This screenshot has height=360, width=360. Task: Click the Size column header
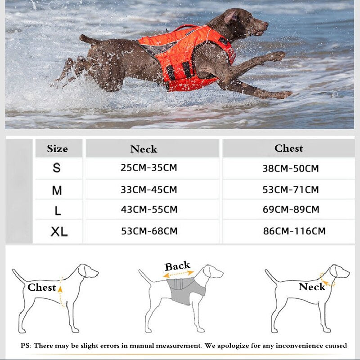click(x=58, y=148)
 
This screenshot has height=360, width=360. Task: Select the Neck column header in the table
click(x=144, y=149)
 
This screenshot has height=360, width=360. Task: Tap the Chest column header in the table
click(x=288, y=148)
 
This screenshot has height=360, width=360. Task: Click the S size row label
click(x=57, y=168)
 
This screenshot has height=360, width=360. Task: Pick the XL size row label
click(x=59, y=232)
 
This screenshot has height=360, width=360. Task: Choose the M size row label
click(x=57, y=190)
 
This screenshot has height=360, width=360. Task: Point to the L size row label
click(x=57, y=210)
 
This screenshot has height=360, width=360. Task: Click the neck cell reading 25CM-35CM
click(x=148, y=168)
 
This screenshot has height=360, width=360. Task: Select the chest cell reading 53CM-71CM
click(x=291, y=189)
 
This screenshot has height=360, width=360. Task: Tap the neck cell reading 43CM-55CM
click(x=149, y=209)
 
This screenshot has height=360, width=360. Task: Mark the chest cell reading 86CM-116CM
click(x=294, y=231)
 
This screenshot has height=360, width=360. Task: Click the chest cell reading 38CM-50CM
click(x=290, y=169)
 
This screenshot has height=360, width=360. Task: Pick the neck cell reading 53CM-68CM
click(x=149, y=231)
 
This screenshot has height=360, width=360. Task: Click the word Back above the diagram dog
click(x=177, y=266)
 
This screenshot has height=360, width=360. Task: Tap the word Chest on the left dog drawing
click(x=41, y=288)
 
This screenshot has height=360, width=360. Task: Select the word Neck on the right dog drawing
click(x=312, y=287)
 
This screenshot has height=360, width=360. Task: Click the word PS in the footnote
click(x=26, y=346)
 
